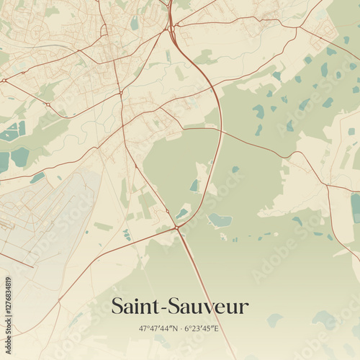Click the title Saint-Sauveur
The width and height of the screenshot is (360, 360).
point(179,307)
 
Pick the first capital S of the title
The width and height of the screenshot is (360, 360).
point(118,307)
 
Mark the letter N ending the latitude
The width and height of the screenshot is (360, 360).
point(176,328)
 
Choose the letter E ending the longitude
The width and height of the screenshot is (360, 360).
point(217,328)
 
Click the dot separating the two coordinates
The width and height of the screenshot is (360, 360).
point(182,328)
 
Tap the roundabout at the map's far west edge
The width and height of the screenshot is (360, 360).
point(5,81)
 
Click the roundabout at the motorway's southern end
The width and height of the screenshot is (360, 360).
point(176,228)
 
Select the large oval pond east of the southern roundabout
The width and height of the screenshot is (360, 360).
point(220,220)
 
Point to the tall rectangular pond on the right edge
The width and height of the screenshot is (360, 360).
point(355,207)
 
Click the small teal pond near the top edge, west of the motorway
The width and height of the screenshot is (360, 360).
point(135,23)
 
